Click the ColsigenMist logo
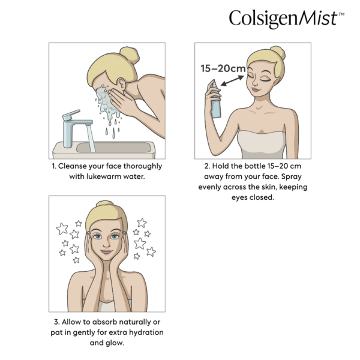[287, 19]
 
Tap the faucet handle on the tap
[71, 115]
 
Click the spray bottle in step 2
[215, 99]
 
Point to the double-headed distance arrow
[232, 81]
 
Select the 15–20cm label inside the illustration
[223, 68]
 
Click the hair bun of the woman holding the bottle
[278, 53]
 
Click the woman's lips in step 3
[106, 252]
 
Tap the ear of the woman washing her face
[122, 84]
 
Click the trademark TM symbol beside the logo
[341, 14]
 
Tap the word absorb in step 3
[104, 322]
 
